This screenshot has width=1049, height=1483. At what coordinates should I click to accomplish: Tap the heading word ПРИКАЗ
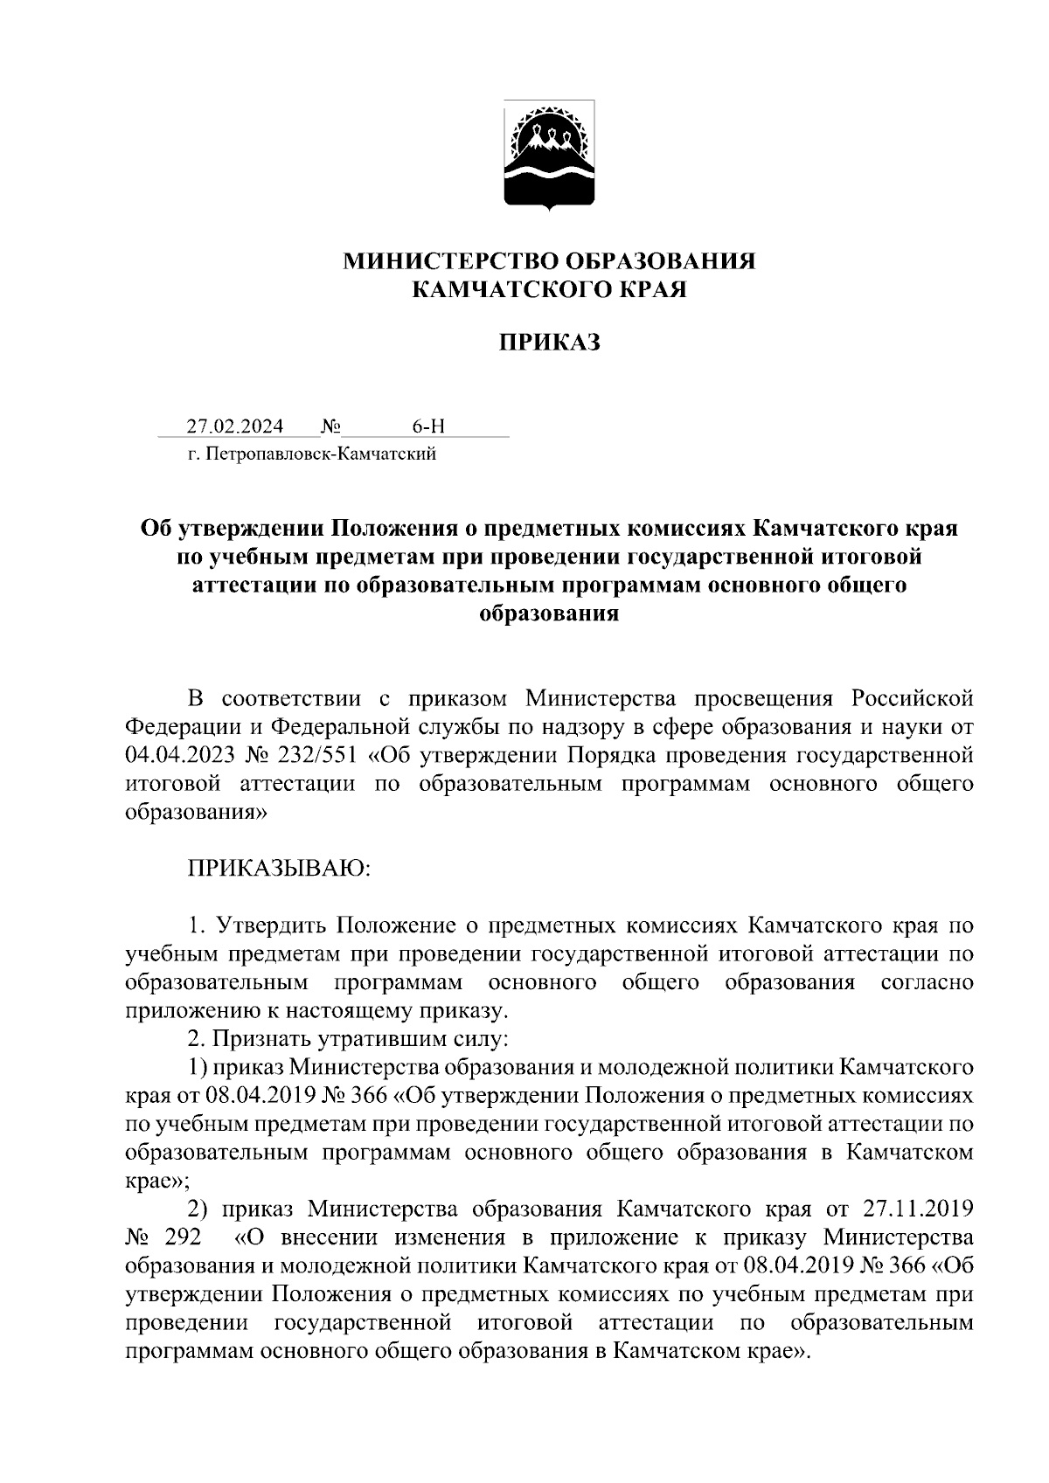click(550, 343)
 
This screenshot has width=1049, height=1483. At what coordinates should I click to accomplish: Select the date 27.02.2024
click(235, 426)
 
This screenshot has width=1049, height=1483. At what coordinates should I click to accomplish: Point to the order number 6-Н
click(428, 426)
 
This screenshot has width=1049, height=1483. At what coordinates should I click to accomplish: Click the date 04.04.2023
click(178, 754)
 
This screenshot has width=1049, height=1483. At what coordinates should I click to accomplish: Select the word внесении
click(332, 1237)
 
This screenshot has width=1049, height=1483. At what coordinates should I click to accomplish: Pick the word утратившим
click(380, 1039)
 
